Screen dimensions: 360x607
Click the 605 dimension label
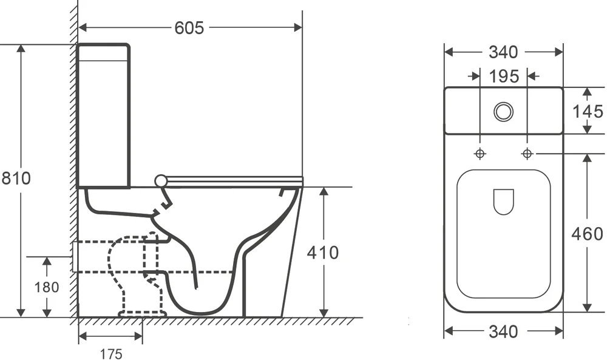[x=189, y=28]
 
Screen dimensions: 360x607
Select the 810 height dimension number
[x=15, y=178]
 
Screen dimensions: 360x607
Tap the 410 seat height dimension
[x=322, y=252]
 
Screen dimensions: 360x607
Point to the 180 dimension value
[x=47, y=287]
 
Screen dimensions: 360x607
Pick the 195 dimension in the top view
[x=504, y=76]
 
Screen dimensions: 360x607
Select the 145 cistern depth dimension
[x=588, y=112]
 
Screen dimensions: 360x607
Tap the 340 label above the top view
[x=503, y=53]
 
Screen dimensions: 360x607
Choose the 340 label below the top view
[x=503, y=331]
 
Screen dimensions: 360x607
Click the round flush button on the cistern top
[x=503, y=111]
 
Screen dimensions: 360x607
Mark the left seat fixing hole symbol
[x=480, y=154]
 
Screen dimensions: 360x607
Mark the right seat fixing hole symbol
[x=527, y=154]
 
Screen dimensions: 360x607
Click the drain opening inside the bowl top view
[x=503, y=202]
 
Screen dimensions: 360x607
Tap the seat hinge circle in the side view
[x=161, y=180]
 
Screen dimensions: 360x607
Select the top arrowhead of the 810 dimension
[x=21, y=49]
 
